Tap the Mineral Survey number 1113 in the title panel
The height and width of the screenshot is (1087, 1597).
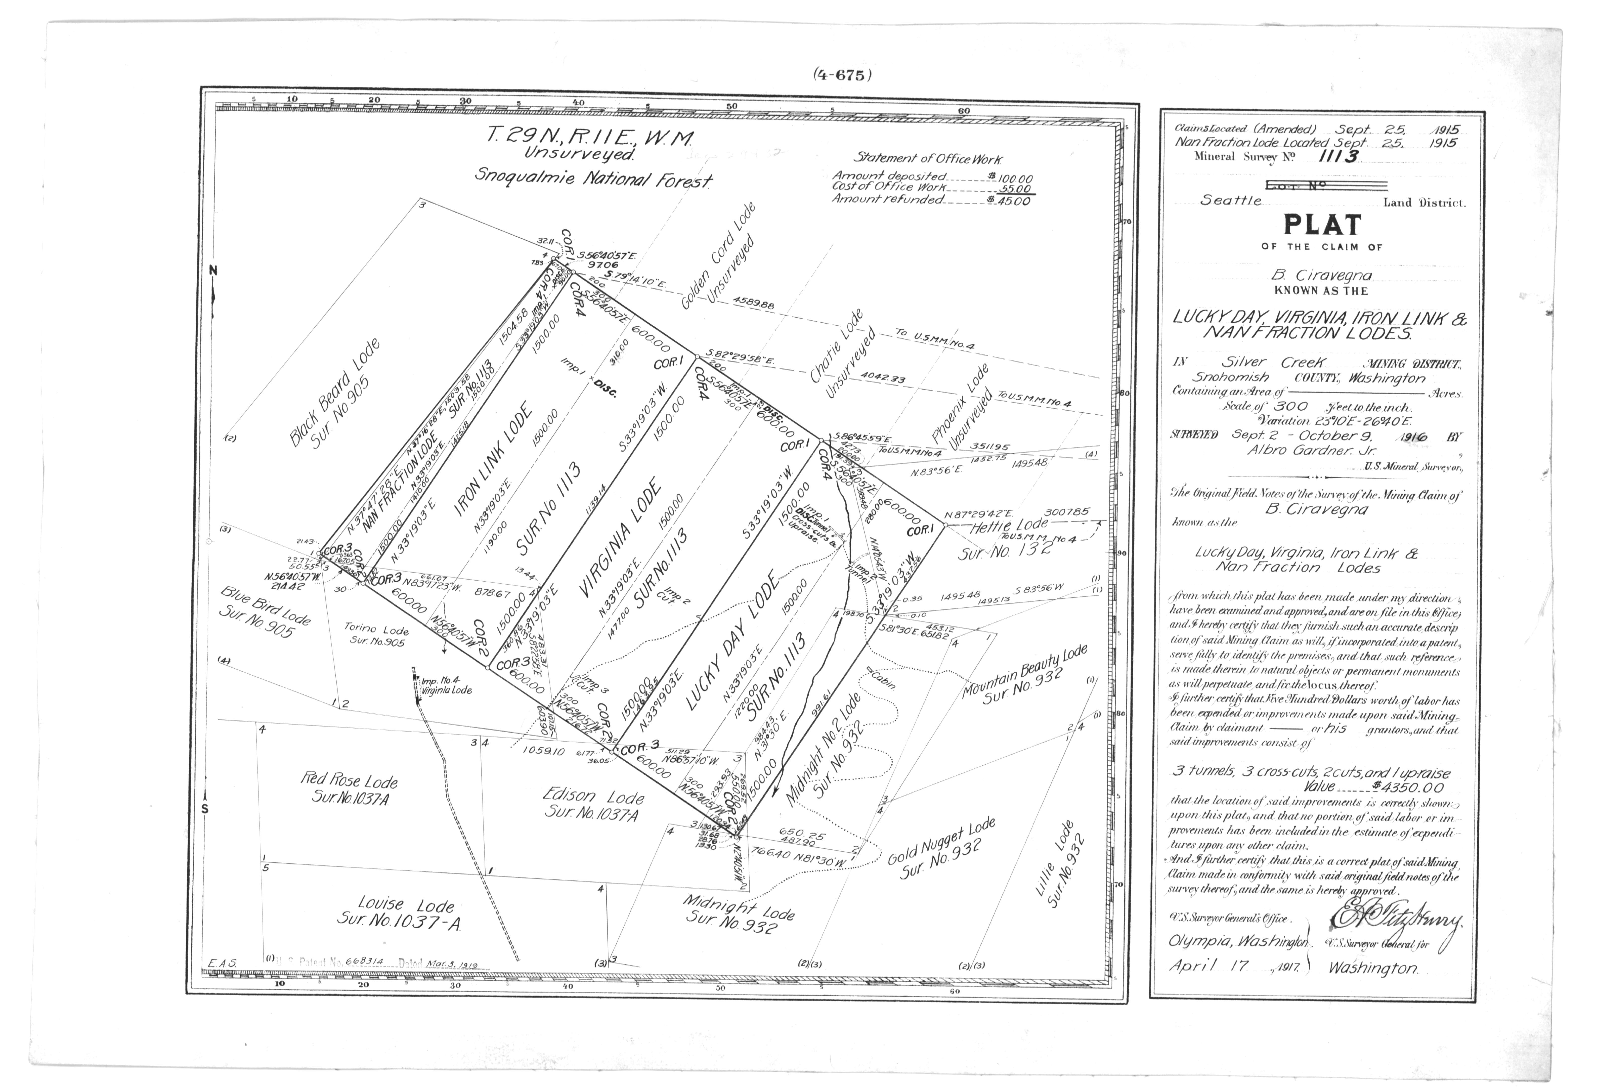(1337, 156)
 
